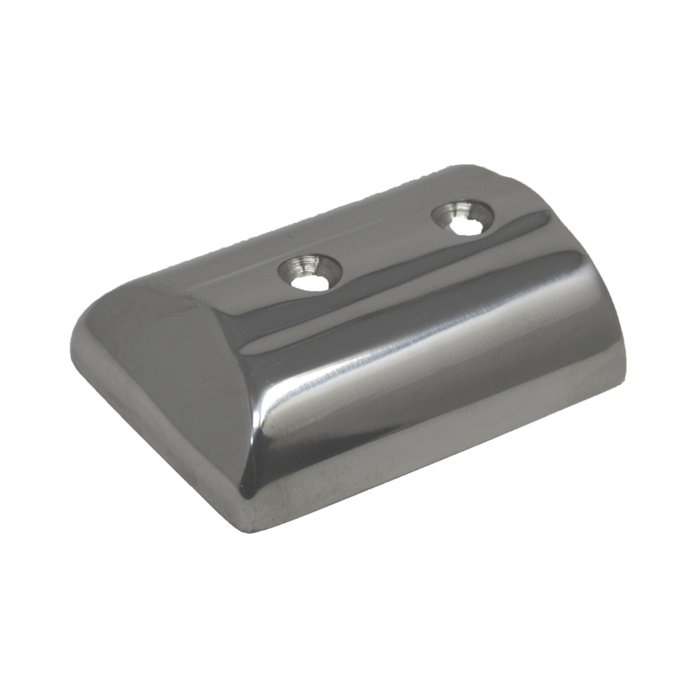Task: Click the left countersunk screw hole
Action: [x=310, y=272]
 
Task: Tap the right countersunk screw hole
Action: [x=463, y=217]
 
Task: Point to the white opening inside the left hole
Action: [x=309, y=282]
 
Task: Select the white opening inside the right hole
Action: [x=461, y=227]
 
